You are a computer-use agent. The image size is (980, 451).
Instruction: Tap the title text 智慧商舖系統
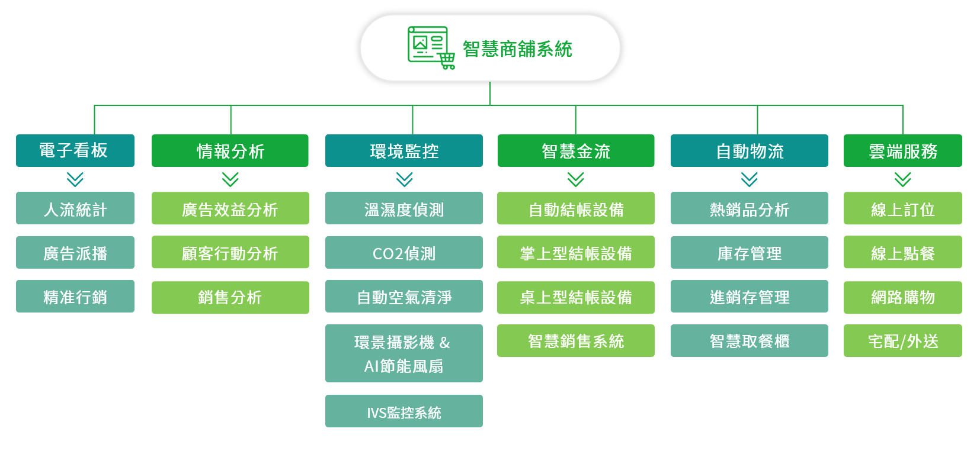[518, 49]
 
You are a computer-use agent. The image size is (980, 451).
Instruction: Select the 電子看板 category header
[75, 150]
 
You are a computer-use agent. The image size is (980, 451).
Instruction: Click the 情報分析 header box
[230, 150]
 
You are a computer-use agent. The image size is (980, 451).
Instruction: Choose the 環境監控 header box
[404, 150]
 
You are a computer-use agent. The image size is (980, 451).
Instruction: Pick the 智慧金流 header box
[576, 150]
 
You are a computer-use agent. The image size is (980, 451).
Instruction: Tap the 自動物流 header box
[750, 150]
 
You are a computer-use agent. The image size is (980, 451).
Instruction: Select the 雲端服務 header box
[902, 150]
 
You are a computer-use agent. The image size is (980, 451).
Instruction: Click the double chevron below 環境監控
[405, 179]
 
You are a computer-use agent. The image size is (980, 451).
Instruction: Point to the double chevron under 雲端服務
[902, 179]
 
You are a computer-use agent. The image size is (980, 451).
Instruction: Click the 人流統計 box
[75, 208]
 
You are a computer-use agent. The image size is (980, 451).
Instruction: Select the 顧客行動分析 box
[230, 252]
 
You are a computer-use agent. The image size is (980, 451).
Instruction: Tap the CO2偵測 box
[404, 253]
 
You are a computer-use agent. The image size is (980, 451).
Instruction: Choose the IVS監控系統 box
[404, 411]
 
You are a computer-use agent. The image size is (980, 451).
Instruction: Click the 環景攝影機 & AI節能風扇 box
[404, 353]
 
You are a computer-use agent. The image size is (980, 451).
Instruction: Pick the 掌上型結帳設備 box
[576, 252]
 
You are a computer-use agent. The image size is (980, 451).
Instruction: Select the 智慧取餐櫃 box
[750, 340]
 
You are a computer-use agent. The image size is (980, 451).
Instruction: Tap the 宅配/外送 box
[902, 340]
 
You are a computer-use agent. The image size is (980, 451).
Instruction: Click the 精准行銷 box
[75, 297]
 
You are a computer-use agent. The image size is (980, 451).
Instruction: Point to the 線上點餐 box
[902, 252]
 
